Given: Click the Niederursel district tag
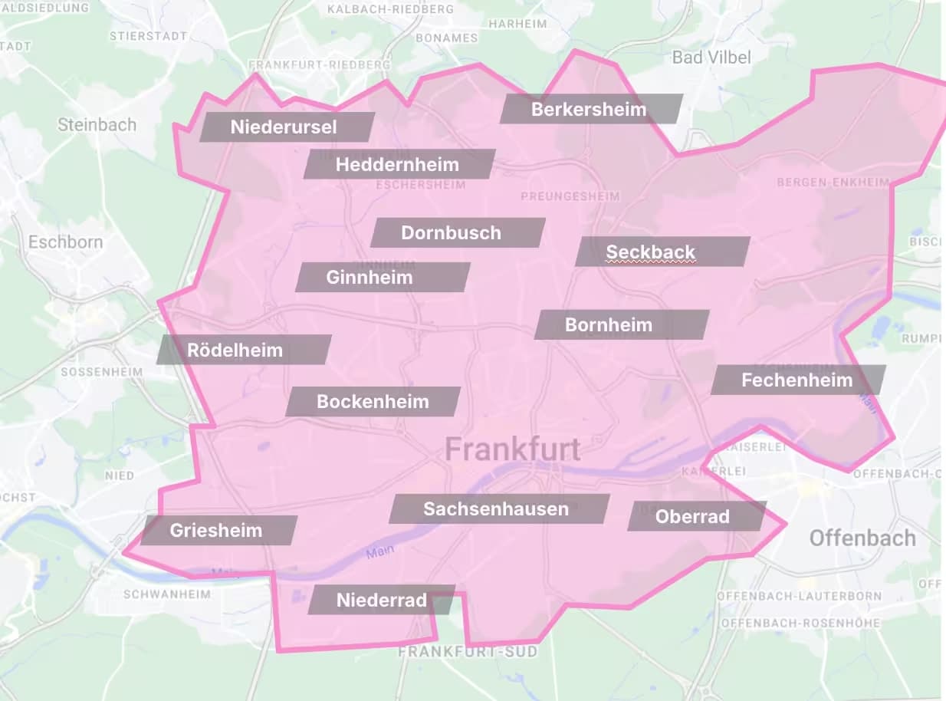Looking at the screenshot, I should coord(285,127).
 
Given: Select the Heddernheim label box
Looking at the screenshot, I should coord(398,164).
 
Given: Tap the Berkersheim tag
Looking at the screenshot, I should coord(590,109).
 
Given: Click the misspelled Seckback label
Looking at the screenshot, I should coord(651,252).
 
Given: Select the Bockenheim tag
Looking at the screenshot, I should coord(373,401).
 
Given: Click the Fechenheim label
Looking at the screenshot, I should coord(797,380).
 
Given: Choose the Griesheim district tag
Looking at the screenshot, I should coord(217,530).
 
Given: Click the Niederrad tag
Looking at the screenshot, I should coord(382,600).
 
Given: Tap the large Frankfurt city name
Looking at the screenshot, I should coord(512,449).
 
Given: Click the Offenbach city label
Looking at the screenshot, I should coord(862,538).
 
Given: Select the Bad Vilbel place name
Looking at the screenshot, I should coord(711,57).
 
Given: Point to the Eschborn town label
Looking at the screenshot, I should coord(66,242).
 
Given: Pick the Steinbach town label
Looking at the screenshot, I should coord(97,124).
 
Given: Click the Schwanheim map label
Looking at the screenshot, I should coord(166,594).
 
